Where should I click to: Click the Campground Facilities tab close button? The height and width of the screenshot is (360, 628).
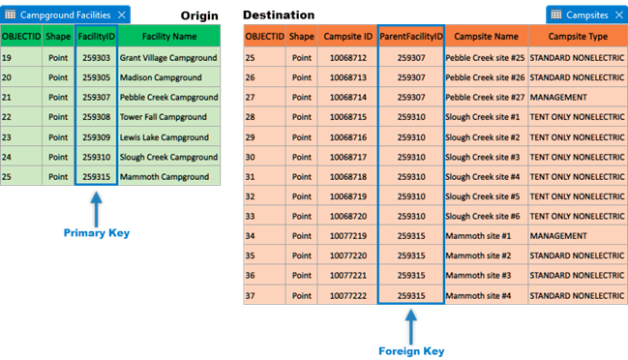click(x=121, y=15)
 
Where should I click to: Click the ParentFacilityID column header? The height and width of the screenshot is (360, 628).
click(x=410, y=37)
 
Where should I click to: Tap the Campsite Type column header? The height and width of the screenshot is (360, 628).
click(x=578, y=37)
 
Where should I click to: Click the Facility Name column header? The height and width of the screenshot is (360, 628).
click(x=168, y=36)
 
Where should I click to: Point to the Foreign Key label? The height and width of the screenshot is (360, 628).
click(x=410, y=349)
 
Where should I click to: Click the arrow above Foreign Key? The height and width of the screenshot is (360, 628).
click(x=410, y=323)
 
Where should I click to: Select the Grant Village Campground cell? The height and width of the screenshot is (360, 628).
click(x=168, y=58)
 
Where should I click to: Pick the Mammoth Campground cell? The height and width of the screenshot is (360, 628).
click(x=168, y=177)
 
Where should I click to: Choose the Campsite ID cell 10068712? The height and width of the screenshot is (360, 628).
click(x=346, y=57)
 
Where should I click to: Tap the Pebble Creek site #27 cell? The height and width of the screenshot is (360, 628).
click(x=486, y=97)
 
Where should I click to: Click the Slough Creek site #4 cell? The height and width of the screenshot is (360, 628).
click(x=486, y=176)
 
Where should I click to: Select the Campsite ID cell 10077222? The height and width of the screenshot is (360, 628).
click(x=346, y=295)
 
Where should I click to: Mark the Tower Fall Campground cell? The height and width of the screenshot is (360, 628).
click(x=168, y=117)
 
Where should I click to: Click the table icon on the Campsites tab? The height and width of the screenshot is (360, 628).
click(x=555, y=15)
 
